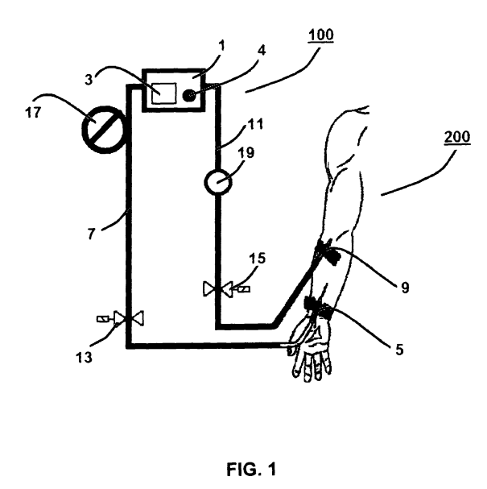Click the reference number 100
(x=321, y=35)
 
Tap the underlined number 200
(x=457, y=138)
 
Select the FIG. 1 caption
(x=251, y=469)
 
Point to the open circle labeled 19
(x=218, y=182)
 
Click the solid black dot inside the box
(x=189, y=95)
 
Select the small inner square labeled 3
(x=164, y=93)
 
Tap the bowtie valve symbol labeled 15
(x=218, y=289)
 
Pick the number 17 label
(x=33, y=112)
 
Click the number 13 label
(x=84, y=358)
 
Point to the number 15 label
(x=257, y=259)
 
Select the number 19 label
(x=246, y=153)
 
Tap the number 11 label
(x=255, y=124)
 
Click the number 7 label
(x=91, y=234)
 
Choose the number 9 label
(x=405, y=288)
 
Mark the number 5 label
(x=399, y=350)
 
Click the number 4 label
(x=262, y=50)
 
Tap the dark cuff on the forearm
(x=328, y=252)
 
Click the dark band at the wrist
(x=319, y=307)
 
